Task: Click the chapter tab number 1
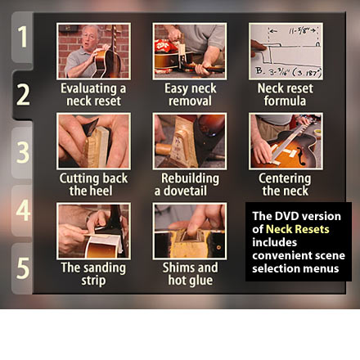[22, 37]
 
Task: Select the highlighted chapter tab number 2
[23, 95]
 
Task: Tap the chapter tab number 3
[22, 152]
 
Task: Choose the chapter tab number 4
[22, 210]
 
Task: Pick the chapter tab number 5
[22, 268]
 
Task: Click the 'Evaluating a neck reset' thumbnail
[93, 52]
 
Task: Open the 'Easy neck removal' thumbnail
[190, 52]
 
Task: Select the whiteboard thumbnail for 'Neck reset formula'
[286, 52]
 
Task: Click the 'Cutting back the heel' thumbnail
[93, 141]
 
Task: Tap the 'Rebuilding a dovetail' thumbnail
[190, 141]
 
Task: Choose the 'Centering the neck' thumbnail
[286, 141]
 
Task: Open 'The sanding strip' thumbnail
[93, 231]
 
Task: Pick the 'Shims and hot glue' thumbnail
[190, 231]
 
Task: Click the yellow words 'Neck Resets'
[298, 229]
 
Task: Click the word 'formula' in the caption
[285, 101]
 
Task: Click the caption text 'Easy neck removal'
[190, 95]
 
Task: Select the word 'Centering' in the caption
[285, 178]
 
